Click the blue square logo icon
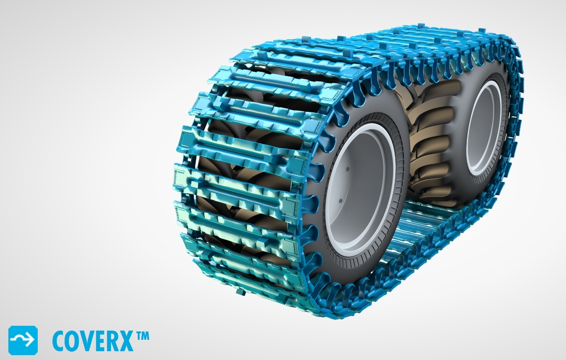point(23,340)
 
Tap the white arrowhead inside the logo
point(29,340)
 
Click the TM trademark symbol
point(143,336)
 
